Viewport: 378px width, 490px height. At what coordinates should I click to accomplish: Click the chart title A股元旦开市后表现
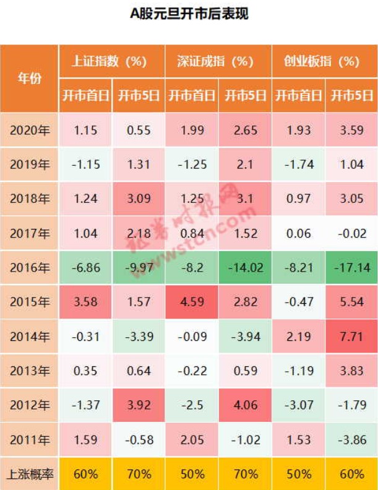(x=189, y=14)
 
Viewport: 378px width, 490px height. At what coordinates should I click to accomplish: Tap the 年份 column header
(x=29, y=79)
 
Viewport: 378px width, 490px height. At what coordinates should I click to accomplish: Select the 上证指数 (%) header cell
(x=112, y=61)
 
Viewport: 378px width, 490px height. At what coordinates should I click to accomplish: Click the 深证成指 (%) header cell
(x=218, y=61)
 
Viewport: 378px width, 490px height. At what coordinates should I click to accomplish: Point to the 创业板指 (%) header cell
(x=325, y=61)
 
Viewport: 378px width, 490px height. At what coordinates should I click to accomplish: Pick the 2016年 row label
(x=29, y=268)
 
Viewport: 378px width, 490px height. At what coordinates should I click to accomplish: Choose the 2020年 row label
(x=29, y=130)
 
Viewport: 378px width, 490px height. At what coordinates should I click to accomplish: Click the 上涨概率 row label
(x=29, y=474)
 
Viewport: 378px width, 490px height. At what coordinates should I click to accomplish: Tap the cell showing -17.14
(x=352, y=268)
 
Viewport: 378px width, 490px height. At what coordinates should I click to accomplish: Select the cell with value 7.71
(x=352, y=337)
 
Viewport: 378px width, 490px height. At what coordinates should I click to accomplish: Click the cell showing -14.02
(x=245, y=268)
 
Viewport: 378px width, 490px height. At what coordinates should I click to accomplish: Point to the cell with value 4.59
(x=192, y=302)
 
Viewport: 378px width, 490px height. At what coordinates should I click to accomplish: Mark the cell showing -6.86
(x=85, y=268)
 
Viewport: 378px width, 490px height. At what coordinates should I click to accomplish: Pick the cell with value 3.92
(x=139, y=405)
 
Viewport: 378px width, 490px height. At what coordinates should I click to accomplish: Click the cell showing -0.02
(x=352, y=233)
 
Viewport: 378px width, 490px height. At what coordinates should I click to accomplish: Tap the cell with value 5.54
(x=352, y=302)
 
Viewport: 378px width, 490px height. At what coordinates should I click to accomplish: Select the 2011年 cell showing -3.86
(x=352, y=440)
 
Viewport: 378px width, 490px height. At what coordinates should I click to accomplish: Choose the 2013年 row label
(x=29, y=371)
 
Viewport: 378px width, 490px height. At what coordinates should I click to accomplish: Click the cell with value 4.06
(x=245, y=405)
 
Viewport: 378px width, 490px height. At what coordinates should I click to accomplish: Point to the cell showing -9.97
(x=139, y=268)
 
